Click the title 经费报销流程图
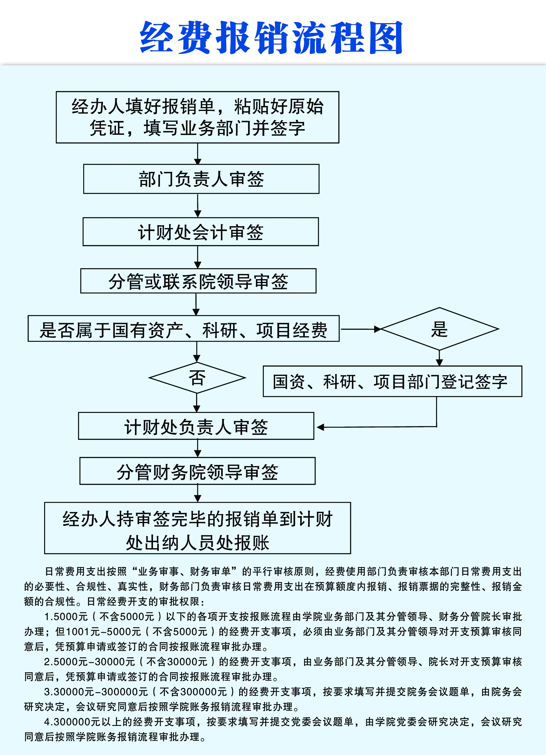point(271,38)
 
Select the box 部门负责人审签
point(201,179)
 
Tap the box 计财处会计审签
point(201,232)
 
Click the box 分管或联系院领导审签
point(198,281)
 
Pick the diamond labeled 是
point(439,329)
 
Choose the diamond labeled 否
point(197,378)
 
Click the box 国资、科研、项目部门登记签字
point(392,382)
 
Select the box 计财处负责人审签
point(196,426)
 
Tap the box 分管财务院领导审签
point(197,471)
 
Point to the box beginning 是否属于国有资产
point(183,329)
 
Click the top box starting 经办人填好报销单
point(197,117)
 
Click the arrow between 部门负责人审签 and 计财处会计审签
point(198,206)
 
